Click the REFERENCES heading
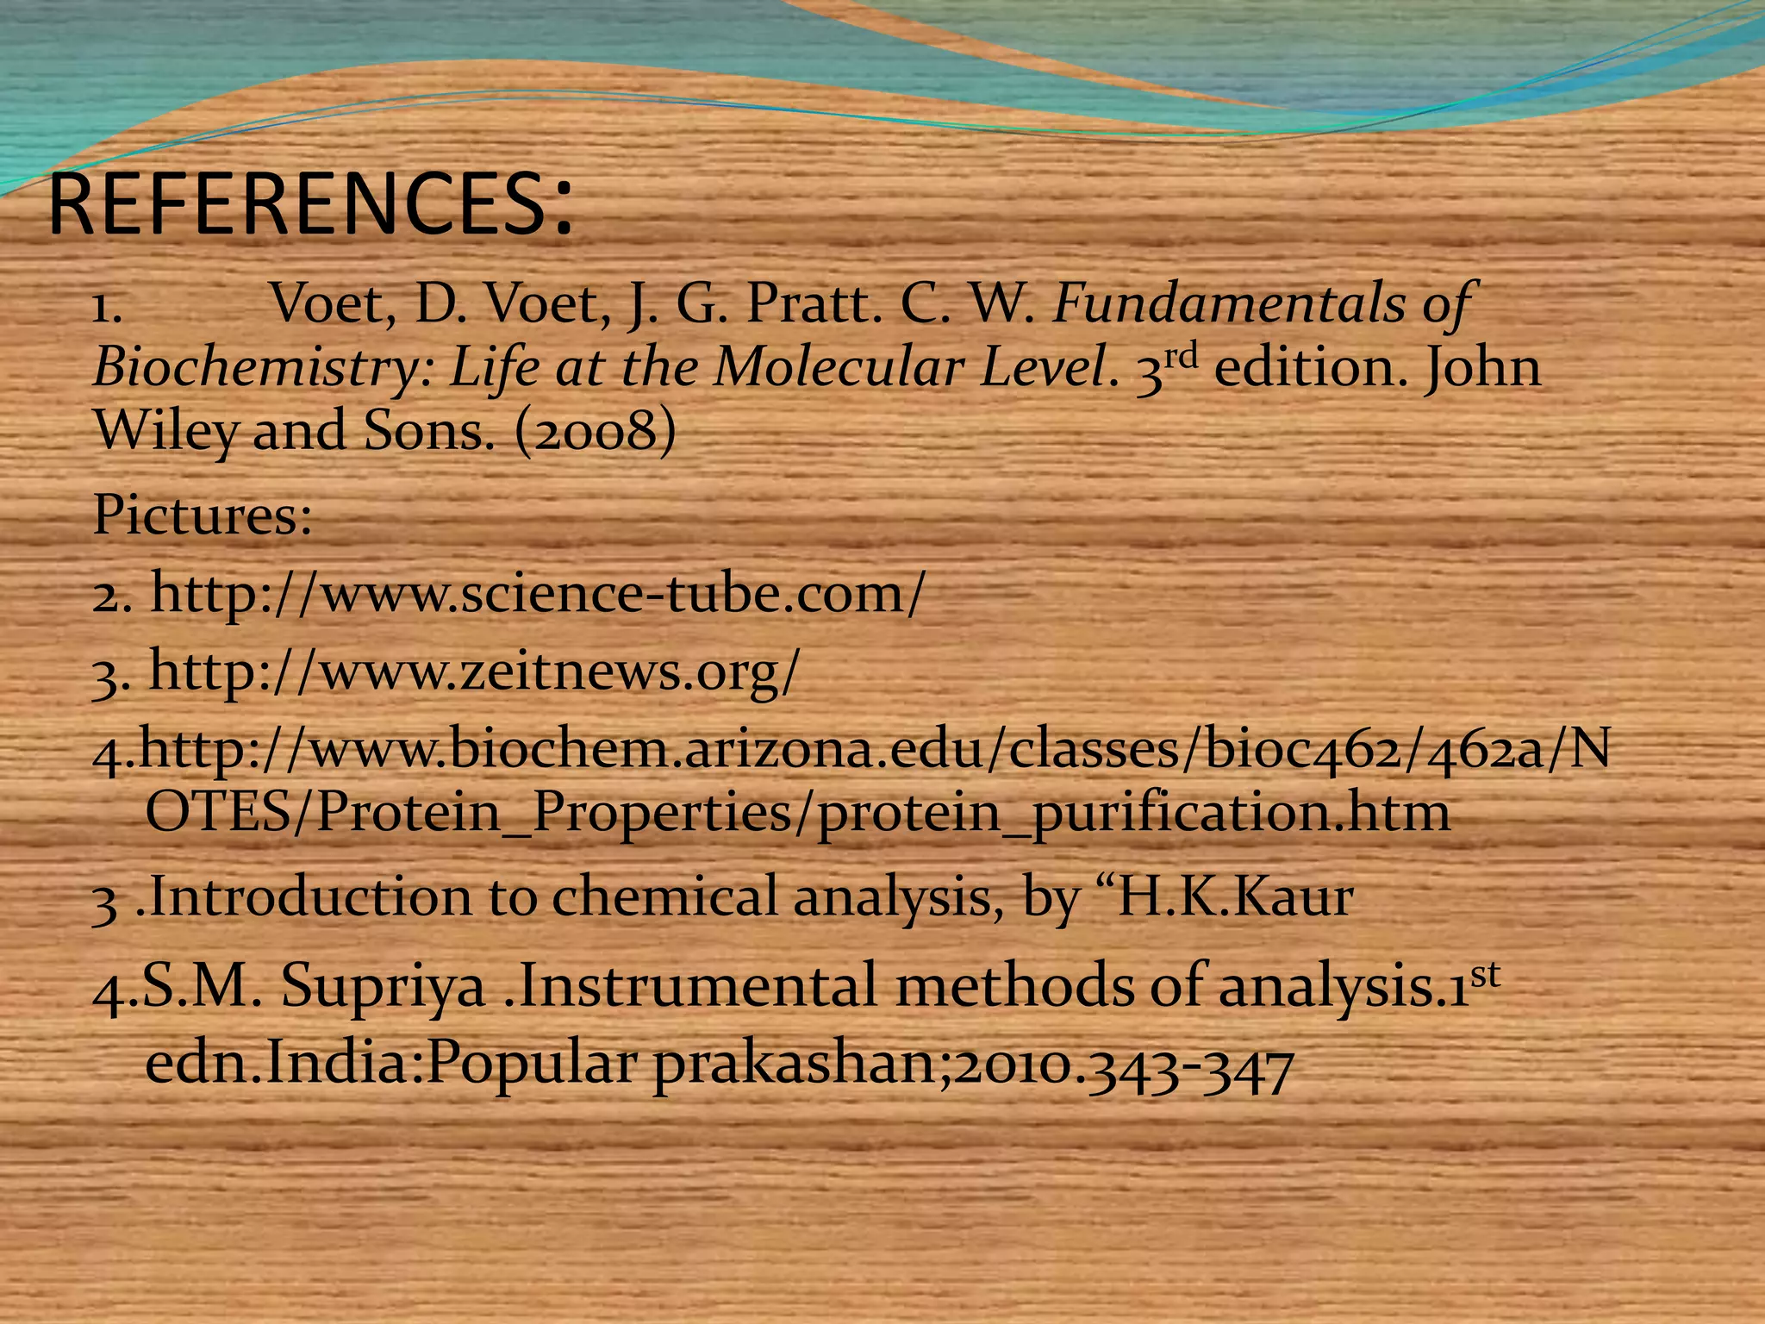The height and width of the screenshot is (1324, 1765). [x=310, y=205]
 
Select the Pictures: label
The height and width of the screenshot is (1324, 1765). [x=202, y=515]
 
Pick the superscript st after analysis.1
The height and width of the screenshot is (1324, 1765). [x=1484, y=972]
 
